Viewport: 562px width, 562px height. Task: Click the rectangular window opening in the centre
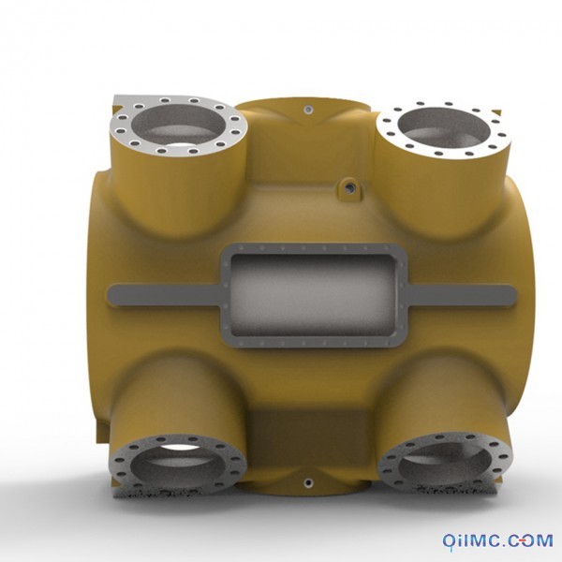tap(315, 295)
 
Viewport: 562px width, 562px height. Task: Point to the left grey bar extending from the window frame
tap(165, 295)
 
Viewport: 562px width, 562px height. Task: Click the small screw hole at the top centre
tap(307, 109)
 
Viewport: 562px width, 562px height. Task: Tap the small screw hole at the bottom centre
tap(308, 483)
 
